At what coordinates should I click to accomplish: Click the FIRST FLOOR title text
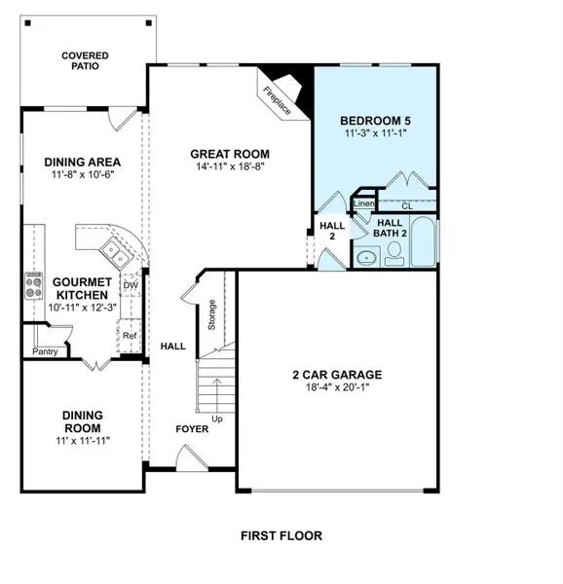pos(281,535)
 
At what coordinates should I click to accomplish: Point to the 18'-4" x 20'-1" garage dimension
pos(336,388)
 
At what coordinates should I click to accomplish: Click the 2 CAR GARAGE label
pos(336,374)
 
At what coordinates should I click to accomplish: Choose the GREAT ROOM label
pos(230,154)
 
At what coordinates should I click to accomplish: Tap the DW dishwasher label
pos(131,285)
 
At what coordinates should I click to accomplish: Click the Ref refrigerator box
pos(129,336)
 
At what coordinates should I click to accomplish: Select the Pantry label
pos(45,351)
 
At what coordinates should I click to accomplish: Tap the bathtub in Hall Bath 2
pos(425,243)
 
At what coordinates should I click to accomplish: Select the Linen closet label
pos(363,204)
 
